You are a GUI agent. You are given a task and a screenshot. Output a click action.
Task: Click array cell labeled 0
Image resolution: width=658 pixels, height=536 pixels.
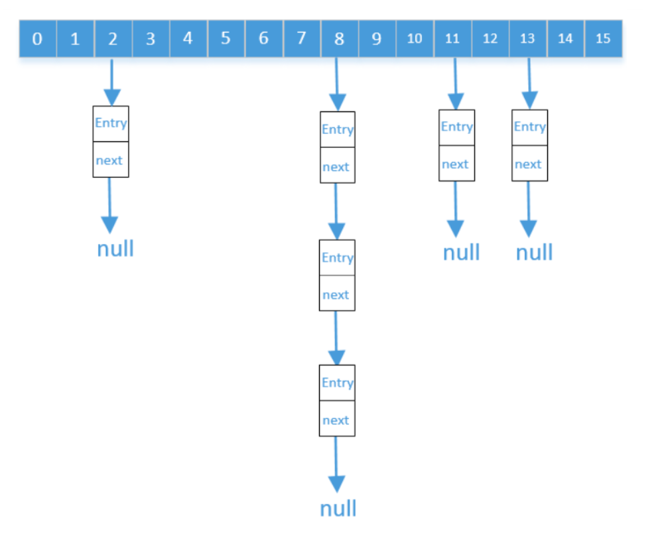point(37,38)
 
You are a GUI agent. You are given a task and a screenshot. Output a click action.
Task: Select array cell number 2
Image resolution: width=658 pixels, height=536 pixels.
point(113,38)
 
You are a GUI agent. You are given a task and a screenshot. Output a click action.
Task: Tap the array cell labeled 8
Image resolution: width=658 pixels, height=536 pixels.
point(339,38)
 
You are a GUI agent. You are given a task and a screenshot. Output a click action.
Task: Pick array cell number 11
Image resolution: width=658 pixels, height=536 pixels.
point(452,38)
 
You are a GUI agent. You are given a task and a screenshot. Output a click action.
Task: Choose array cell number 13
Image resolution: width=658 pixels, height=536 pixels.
point(527,38)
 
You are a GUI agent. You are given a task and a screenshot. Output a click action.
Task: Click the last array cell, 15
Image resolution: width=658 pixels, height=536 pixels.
point(603,38)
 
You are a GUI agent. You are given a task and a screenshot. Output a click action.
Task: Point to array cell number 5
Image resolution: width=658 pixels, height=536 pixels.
point(226,38)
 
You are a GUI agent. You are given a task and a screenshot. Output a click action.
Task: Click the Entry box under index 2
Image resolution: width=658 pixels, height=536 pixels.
point(111,123)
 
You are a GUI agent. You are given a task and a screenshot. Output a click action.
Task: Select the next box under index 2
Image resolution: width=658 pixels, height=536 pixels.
point(111,160)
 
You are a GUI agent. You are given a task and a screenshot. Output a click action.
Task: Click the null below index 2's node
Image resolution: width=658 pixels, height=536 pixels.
point(115,249)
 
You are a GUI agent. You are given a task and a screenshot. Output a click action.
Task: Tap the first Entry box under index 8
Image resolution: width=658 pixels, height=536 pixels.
point(338,129)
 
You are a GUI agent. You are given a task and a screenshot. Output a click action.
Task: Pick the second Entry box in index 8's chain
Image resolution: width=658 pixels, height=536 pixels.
point(337,257)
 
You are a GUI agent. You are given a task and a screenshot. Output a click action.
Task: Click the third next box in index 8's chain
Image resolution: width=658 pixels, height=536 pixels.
point(337,419)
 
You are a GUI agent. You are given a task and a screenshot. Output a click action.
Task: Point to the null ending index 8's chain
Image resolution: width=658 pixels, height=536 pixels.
point(338,509)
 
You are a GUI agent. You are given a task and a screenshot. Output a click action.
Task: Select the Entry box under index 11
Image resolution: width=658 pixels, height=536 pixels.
point(457,127)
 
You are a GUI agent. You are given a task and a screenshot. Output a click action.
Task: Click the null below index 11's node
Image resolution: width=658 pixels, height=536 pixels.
point(461,253)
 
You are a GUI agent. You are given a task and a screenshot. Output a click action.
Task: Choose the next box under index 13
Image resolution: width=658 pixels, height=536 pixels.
point(530,164)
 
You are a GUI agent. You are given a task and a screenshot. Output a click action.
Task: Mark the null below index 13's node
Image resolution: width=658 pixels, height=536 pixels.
point(534,253)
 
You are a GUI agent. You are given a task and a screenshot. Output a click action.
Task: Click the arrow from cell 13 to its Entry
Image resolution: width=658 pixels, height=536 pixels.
point(529,83)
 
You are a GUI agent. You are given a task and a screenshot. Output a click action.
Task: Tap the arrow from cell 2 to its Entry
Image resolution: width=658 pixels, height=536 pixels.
point(111,81)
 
